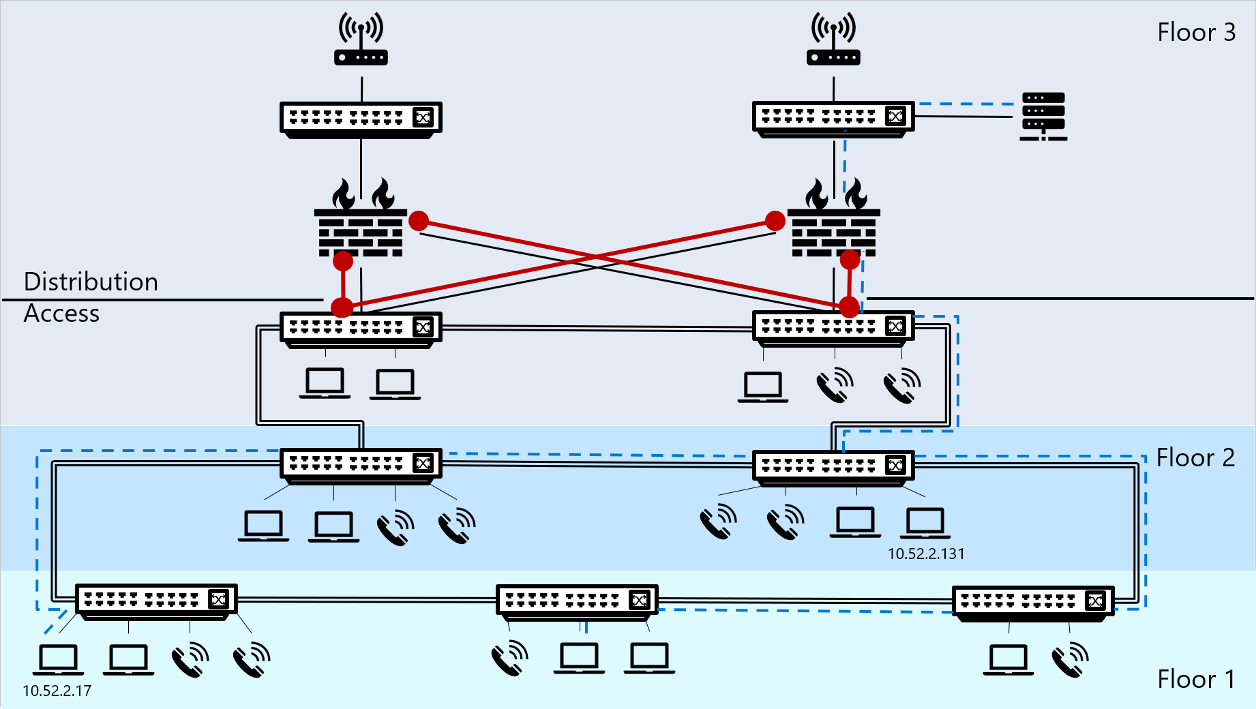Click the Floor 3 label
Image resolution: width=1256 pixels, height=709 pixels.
tap(1196, 33)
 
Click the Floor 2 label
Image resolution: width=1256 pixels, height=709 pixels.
tap(1195, 458)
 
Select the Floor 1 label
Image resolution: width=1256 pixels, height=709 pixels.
tap(1196, 679)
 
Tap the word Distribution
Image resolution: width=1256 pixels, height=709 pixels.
tap(91, 282)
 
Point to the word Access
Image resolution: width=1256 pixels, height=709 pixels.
tap(61, 314)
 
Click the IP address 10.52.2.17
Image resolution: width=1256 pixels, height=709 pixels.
tap(57, 691)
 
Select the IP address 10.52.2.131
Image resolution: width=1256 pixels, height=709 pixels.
tap(926, 554)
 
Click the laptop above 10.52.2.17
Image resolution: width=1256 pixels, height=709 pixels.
tap(59, 659)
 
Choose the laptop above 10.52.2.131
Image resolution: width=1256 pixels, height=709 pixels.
tap(925, 523)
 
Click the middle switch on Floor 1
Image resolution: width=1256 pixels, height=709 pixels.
tap(577, 601)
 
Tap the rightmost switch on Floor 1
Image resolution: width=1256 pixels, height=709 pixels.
tap(1033, 603)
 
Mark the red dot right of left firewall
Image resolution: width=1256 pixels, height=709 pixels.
tap(419, 221)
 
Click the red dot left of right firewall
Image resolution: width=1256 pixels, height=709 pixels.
tap(775, 221)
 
